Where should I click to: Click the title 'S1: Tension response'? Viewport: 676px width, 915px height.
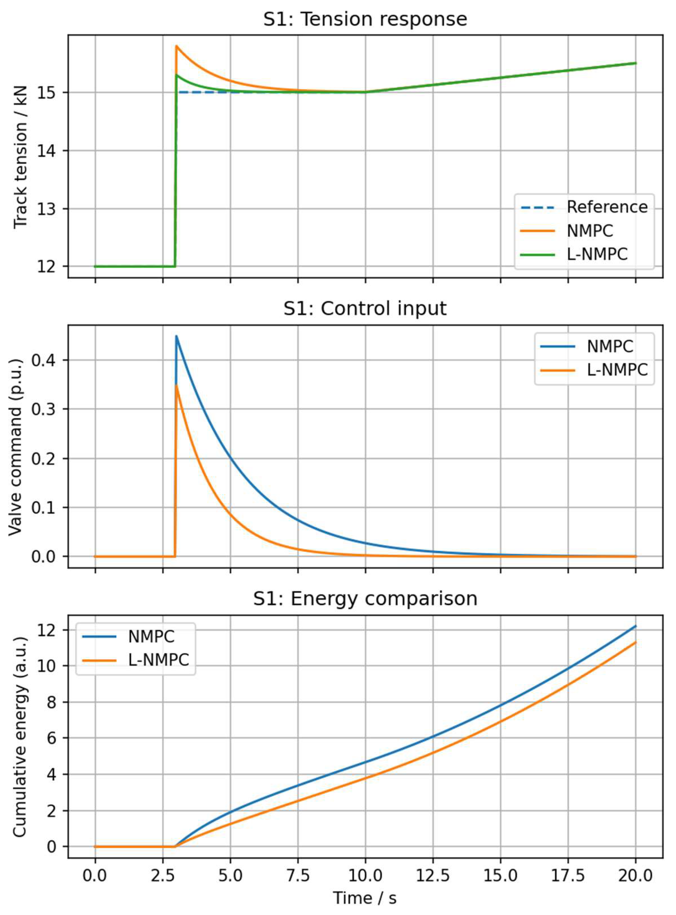pyautogui.click(x=365, y=19)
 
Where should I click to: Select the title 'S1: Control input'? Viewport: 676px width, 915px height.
pyautogui.click(x=365, y=308)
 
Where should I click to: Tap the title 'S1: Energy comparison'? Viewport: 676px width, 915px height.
pyautogui.click(x=365, y=598)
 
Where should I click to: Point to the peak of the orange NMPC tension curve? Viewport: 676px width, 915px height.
pyautogui.click(x=176, y=46)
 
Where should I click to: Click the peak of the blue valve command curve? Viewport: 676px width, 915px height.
pyautogui.click(x=176, y=336)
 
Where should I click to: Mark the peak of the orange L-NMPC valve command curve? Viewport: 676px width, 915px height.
pyautogui.click(x=176, y=385)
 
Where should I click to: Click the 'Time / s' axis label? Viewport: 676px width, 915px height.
pyautogui.click(x=365, y=898)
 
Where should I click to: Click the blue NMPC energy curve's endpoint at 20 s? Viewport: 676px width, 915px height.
pyautogui.click(x=635, y=626)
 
